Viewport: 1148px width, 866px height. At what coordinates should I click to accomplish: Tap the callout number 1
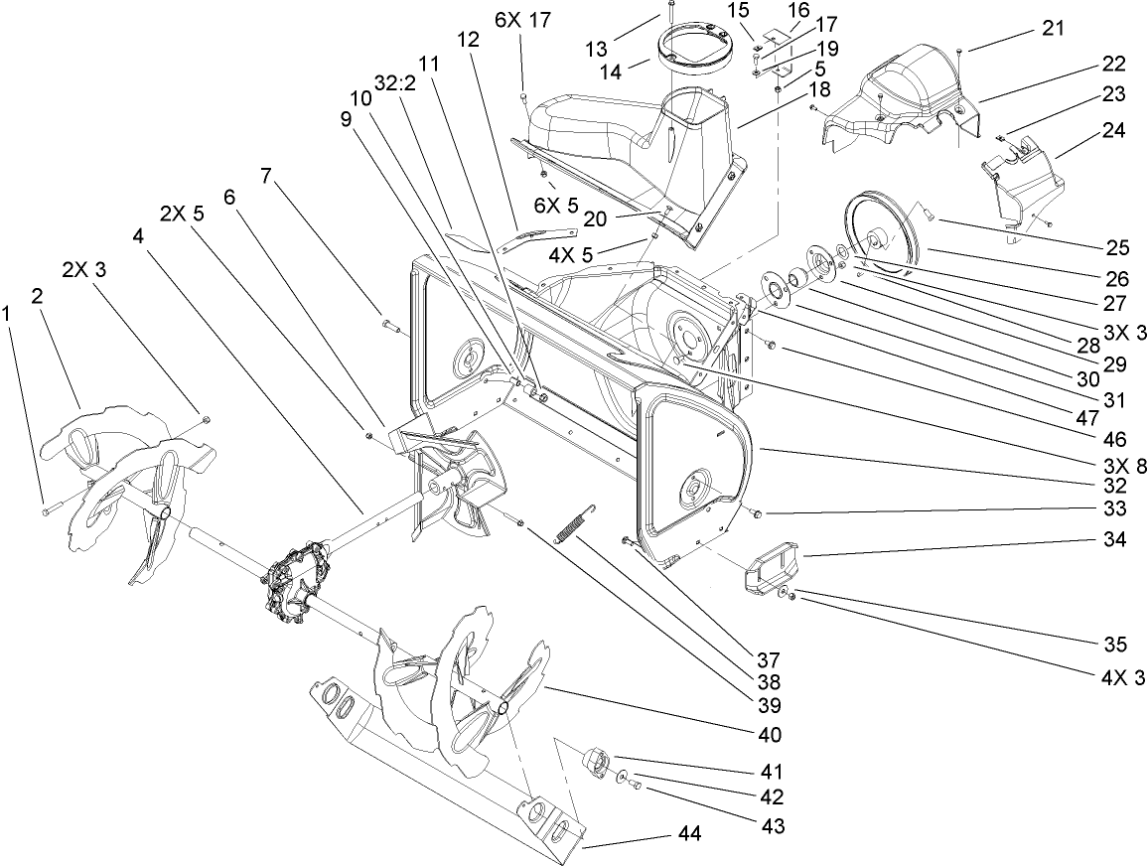(x=9, y=314)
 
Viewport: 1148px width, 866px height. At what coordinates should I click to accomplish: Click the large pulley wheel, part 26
(x=881, y=233)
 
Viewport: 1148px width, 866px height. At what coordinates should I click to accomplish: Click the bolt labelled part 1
(x=46, y=508)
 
